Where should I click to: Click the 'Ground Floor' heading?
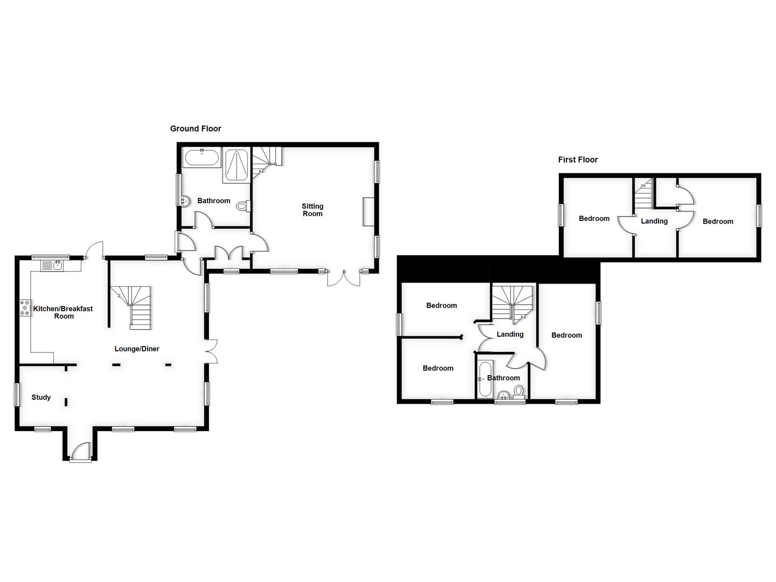pos(196,129)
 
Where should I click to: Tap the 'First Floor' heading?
pos(578,160)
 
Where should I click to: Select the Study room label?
pos(41,398)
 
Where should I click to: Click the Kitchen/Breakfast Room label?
pos(63,313)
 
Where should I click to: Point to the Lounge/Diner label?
pos(137,349)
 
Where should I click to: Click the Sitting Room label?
pos(313,210)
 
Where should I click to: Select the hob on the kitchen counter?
pos(25,308)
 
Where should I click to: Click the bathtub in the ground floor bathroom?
pos(202,158)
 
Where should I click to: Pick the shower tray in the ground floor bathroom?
pos(236,164)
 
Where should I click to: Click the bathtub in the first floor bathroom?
pos(482,380)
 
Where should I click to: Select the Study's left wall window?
pos(17,394)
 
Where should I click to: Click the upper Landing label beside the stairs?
pos(654,221)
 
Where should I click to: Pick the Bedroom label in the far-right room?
pos(718,221)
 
